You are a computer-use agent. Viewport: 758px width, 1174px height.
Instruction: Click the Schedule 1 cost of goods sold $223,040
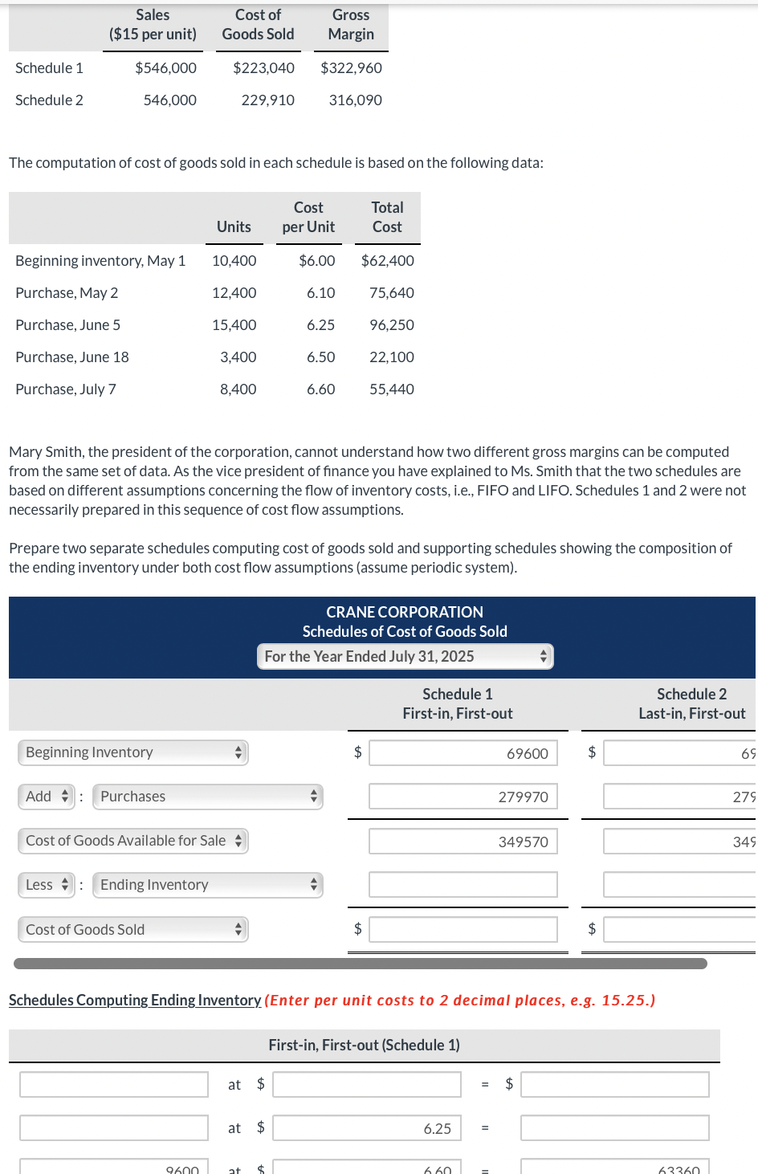pyautogui.click(x=263, y=68)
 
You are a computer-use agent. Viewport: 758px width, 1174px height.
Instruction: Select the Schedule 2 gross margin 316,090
pyautogui.click(x=355, y=100)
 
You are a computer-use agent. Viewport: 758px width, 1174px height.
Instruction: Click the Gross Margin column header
pyautogui.click(x=351, y=25)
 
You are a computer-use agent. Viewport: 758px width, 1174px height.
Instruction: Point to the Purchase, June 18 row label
pyautogui.click(x=72, y=357)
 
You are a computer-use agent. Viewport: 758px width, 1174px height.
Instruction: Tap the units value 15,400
pyautogui.click(x=234, y=325)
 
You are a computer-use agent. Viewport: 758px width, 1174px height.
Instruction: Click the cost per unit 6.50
pyautogui.click(x=320, y=357)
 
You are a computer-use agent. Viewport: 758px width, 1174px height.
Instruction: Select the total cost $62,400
pyautogui.click(x=388, y=261)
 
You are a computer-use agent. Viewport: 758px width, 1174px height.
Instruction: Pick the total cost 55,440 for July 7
pyautogui.click(x=391, y=389)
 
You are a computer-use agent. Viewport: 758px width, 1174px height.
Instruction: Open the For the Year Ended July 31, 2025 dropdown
pyautogui.click(x=405, y=657)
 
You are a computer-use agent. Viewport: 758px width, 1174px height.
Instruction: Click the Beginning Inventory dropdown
pyautogui.click(x=132, y=752)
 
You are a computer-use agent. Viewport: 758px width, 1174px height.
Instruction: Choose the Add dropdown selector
pyautogui.click(x=47, y=797)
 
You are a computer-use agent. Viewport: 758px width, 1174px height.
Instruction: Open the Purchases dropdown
pyautogui.click(x=207, y=797)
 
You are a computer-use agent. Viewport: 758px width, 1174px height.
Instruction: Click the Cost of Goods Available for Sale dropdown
pyautogui.click(x=132, y=841)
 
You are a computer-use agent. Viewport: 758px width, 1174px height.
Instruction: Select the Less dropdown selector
pyautogui.click(x=47, y=885)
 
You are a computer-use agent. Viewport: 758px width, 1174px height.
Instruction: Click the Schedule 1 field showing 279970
pyautogui.click(x=463, y=797)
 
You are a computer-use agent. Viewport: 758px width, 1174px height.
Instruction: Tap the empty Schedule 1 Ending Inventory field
pyautogui.click(x=463, y=885)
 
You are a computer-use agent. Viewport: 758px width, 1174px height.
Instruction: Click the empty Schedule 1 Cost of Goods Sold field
pyautogui.click(x=463, y=930)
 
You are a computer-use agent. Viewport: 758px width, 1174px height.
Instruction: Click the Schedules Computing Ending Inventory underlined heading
pyautogui.click(x=135, y=1001)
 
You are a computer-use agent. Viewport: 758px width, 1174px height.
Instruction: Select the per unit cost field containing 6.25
pyautogui.click(x=367, y=1128)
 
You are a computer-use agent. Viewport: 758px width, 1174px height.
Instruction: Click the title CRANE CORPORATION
pyautogui.click(x=405, y=612)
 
